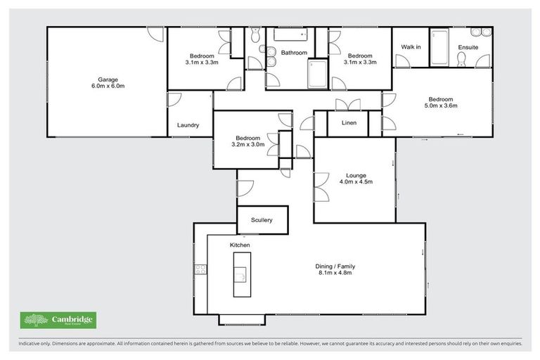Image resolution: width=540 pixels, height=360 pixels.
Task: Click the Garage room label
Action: point(106,79)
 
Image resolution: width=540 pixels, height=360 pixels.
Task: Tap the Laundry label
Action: point(188,125)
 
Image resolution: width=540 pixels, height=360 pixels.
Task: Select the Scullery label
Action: point(261,220)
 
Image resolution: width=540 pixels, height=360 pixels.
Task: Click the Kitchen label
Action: point(240,245)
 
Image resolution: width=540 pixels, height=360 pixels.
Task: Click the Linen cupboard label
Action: point(349,123)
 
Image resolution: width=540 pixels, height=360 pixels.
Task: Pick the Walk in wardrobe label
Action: point(411,47)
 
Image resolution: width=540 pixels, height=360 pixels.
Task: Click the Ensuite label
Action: point(468,47)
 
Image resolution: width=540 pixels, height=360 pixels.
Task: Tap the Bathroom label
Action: point(294,53)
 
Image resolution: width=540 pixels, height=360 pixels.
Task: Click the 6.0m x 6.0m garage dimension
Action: point(106,86)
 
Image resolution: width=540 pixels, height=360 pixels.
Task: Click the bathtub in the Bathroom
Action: point(290,35)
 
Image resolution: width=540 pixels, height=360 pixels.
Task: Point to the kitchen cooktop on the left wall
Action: point(200,269)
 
